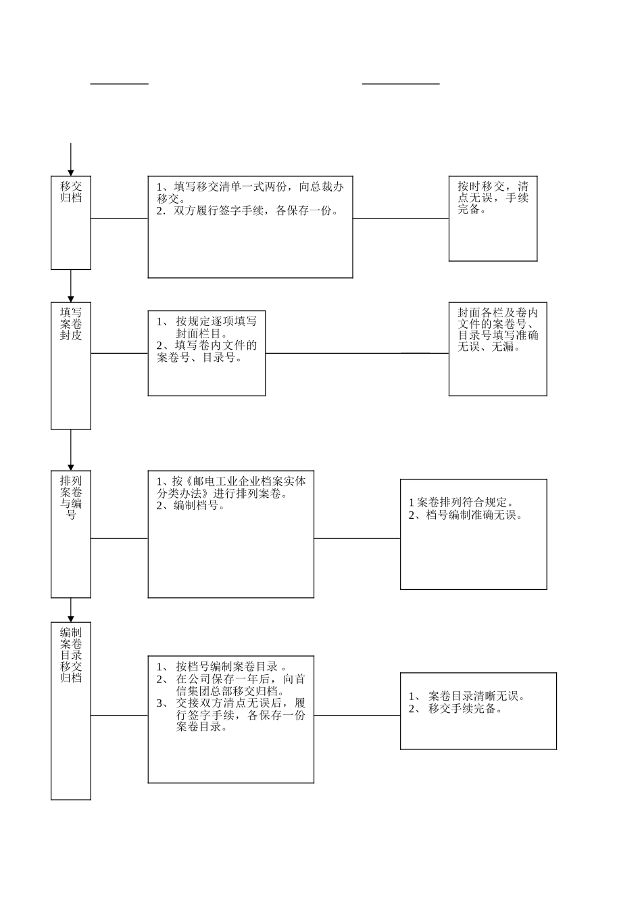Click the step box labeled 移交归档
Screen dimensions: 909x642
(x=71, y=223)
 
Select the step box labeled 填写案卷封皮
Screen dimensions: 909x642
(x=71, y=365)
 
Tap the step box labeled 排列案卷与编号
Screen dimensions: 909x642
(x=71, y=534)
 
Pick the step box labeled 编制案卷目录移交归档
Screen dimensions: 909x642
(x=71, y=710)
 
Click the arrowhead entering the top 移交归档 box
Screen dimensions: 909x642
(x=71, y=172)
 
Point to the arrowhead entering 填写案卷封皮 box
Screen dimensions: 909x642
(x=71, y=299)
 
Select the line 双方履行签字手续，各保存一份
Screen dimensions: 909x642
(x=247, y=211)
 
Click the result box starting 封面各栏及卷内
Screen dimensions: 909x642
(x=497, y=348)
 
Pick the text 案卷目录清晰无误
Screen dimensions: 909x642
(x=476, y=696)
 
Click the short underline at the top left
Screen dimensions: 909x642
(x=120, y=84)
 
